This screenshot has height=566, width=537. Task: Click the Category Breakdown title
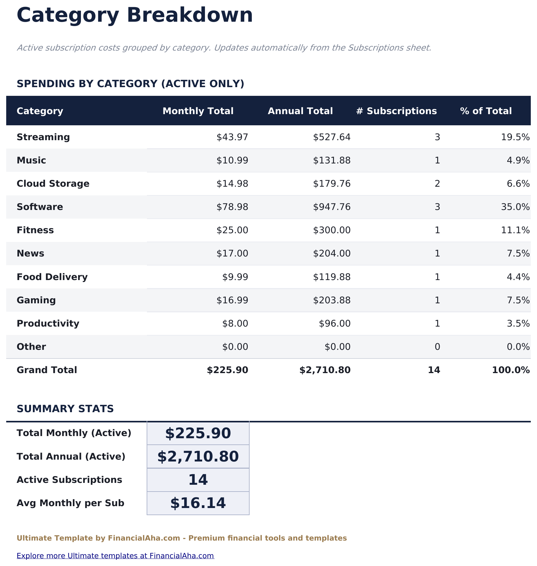(135, 15)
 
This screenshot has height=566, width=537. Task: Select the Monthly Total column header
(198, 111)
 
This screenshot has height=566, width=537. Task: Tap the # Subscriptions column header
(396, 111)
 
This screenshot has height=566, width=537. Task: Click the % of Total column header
(486, 111)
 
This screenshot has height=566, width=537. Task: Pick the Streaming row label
(43, 137)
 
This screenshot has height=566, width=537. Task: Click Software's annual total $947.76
(331, 207)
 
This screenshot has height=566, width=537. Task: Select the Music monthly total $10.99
(232, 160)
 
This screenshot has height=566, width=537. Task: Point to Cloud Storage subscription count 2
(437, 184)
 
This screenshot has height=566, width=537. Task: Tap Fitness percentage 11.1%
(515, 230)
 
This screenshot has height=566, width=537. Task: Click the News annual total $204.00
(331, 253)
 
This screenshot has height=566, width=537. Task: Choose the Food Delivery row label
(52, 277)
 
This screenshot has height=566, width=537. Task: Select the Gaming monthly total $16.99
(232, 300)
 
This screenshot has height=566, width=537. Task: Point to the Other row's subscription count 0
(437, 347)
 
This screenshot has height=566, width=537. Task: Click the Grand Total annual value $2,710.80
(325, 370)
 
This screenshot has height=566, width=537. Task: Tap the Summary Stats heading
(65, 409)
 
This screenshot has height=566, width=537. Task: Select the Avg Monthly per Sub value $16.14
(198, 503)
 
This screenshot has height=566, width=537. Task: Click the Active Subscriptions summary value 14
(198, 480)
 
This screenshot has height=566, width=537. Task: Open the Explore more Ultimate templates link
(115, 555)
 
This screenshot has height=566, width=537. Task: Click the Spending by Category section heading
(130, 84)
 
